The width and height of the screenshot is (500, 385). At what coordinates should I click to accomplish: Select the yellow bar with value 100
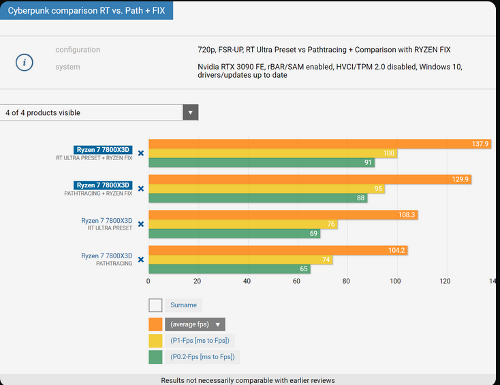(272, 153)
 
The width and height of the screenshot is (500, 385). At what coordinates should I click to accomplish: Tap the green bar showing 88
(257, 198)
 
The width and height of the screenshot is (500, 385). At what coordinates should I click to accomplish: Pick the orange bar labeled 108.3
(282, 215)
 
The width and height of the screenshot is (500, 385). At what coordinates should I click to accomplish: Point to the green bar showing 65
(229, 269)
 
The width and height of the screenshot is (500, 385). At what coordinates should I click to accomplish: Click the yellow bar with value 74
(240, 260)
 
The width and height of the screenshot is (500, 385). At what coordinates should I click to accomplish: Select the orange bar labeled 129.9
(309, 179)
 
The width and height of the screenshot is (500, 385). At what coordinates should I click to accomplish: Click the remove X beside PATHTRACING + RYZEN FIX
(141, 189)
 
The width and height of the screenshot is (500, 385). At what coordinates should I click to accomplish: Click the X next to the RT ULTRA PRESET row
(141, 224)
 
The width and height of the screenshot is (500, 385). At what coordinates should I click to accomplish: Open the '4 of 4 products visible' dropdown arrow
(191, 112)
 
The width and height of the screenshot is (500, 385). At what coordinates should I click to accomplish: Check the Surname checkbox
(155, 305)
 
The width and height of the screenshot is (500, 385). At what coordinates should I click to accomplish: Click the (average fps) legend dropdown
(195, 324)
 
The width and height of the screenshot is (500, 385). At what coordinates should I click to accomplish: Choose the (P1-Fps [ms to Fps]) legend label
(200, 341)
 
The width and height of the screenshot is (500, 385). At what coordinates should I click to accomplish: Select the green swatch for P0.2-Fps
(155, 356)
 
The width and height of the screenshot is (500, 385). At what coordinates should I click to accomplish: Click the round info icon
(25, 62)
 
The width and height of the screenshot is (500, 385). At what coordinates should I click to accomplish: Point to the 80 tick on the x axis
(346, 281)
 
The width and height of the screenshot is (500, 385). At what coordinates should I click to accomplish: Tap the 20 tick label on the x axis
(198, 281)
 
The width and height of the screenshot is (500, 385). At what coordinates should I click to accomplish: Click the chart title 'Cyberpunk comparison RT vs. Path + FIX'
(86, 11)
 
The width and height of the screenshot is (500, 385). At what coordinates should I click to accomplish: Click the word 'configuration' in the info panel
(78, 50)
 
